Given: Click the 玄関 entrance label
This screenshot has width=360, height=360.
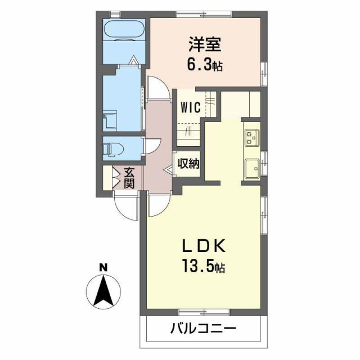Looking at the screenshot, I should point(129,178).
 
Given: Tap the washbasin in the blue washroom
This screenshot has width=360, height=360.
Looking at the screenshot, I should point(109,120).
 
